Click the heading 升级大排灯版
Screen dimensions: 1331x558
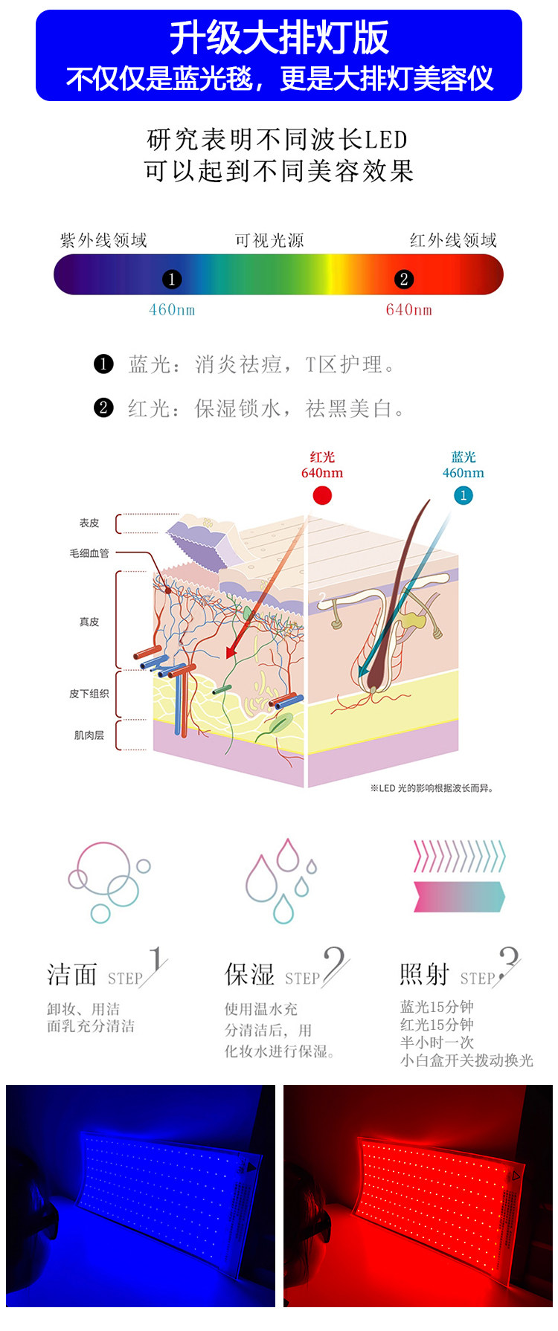point(279,38)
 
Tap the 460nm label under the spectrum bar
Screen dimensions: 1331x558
point(172,310)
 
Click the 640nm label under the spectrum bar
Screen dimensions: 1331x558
point(408,310)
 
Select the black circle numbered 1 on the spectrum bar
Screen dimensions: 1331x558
point(171,279)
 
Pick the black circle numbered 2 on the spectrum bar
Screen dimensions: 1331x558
point(404,279)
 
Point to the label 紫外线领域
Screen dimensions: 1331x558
point(103,240)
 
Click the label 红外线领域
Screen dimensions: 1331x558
point(453,240)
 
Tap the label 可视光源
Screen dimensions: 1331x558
point(269,240)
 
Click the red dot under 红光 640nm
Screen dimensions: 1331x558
point(322,495)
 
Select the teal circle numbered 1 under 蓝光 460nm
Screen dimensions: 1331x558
point(463,495)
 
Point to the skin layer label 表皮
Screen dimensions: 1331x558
point(89,523)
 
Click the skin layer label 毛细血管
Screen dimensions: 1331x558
point(89,553)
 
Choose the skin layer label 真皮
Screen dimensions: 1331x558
point(89,622)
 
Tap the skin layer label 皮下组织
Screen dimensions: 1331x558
point(89,694)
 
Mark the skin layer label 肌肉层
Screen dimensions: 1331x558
point(89,735)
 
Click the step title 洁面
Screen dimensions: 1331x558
point(72,974)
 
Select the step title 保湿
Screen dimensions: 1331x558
point(250,974)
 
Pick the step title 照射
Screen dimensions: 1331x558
point(424,974)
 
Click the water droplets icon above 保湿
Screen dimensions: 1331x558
point(281,880)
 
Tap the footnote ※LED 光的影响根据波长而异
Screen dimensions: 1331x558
point(432,788)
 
